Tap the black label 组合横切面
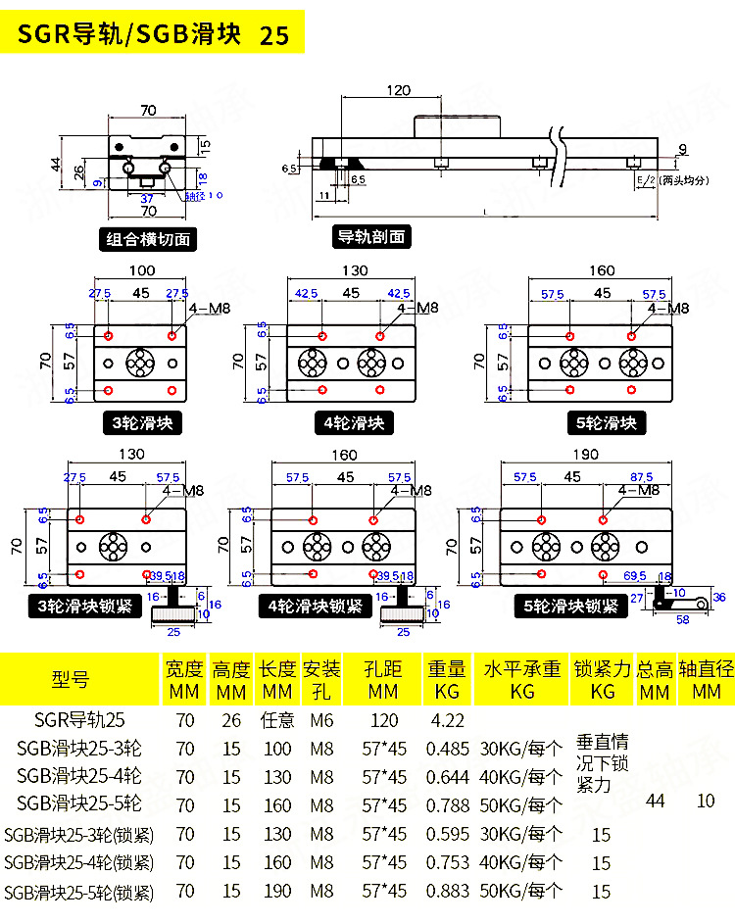[x=149, y=238]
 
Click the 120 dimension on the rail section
[x=397, y=90]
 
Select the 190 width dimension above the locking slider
[x=586, y=455]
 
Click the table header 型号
[x=70, y=679]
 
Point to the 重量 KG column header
[x=446, y=679]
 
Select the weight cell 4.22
[x=446, y=720]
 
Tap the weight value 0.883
[x=446, y=892]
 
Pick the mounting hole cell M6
[x=321, y=720]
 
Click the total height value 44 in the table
[x=655, y=802]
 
